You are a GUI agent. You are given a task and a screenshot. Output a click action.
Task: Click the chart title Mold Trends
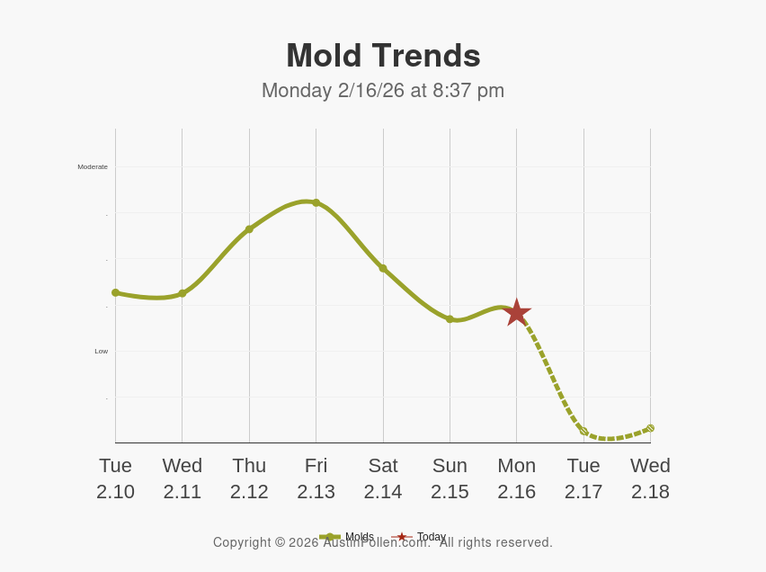pos(383,56)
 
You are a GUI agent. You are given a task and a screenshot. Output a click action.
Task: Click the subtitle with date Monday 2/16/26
pos(383,91)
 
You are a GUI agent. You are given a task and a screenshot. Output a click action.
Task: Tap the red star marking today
pos(516,312)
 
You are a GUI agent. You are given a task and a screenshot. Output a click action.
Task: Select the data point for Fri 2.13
pos(316,203)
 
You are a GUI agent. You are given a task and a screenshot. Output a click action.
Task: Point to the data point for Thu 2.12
pos(249,229)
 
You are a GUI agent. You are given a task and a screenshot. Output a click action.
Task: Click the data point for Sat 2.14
pos(383,268)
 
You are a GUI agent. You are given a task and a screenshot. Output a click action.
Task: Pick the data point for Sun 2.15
pos(450,319)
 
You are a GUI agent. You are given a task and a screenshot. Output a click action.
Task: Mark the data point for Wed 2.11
pos(183,293)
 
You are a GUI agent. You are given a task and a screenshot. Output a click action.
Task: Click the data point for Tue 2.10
pos(116,292)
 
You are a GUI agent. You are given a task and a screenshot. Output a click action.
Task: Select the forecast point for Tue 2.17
pos(583,432)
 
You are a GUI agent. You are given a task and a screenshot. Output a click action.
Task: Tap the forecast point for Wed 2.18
pos(650,428)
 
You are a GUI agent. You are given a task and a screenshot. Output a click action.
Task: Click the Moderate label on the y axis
pos(93,166)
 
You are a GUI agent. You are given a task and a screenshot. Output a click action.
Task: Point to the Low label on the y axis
pos(101,351)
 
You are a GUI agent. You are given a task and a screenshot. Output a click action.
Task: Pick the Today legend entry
pos(431,537)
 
